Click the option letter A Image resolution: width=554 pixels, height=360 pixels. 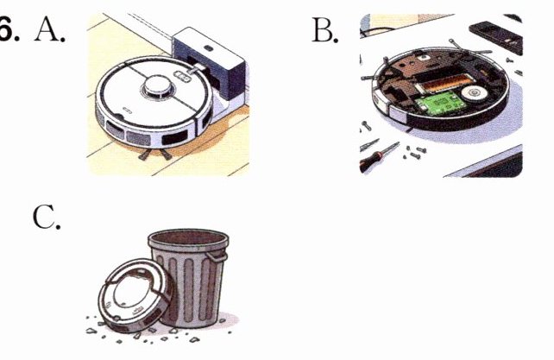[x=49, y=29]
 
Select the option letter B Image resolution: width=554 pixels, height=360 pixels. [x=324, y=30]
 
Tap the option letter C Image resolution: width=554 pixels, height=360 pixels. [x=47, y=217]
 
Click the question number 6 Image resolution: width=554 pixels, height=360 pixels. [x=9, y=29]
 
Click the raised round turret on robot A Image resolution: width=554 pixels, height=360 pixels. [x=158, y=86]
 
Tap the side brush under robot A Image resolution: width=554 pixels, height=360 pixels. [x=154, y=154]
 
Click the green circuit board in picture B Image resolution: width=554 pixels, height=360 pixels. [x=440, y=103]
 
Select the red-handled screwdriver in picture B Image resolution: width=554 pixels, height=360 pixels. [x=379, y=156]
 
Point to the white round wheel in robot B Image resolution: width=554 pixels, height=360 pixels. [x=474, y=92]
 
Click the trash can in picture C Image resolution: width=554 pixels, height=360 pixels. [x=189, y=277]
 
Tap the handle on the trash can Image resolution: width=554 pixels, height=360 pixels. [x=217, y=256]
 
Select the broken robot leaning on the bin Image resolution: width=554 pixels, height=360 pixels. [x=135, y=295]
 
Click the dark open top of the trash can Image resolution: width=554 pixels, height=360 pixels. [x=188, y=237]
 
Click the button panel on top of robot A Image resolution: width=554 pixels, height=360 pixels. [x=181, y=76]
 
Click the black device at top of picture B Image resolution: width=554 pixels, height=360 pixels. [x=495, y=36]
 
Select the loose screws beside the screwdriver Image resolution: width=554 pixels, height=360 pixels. [x=414, y=153]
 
